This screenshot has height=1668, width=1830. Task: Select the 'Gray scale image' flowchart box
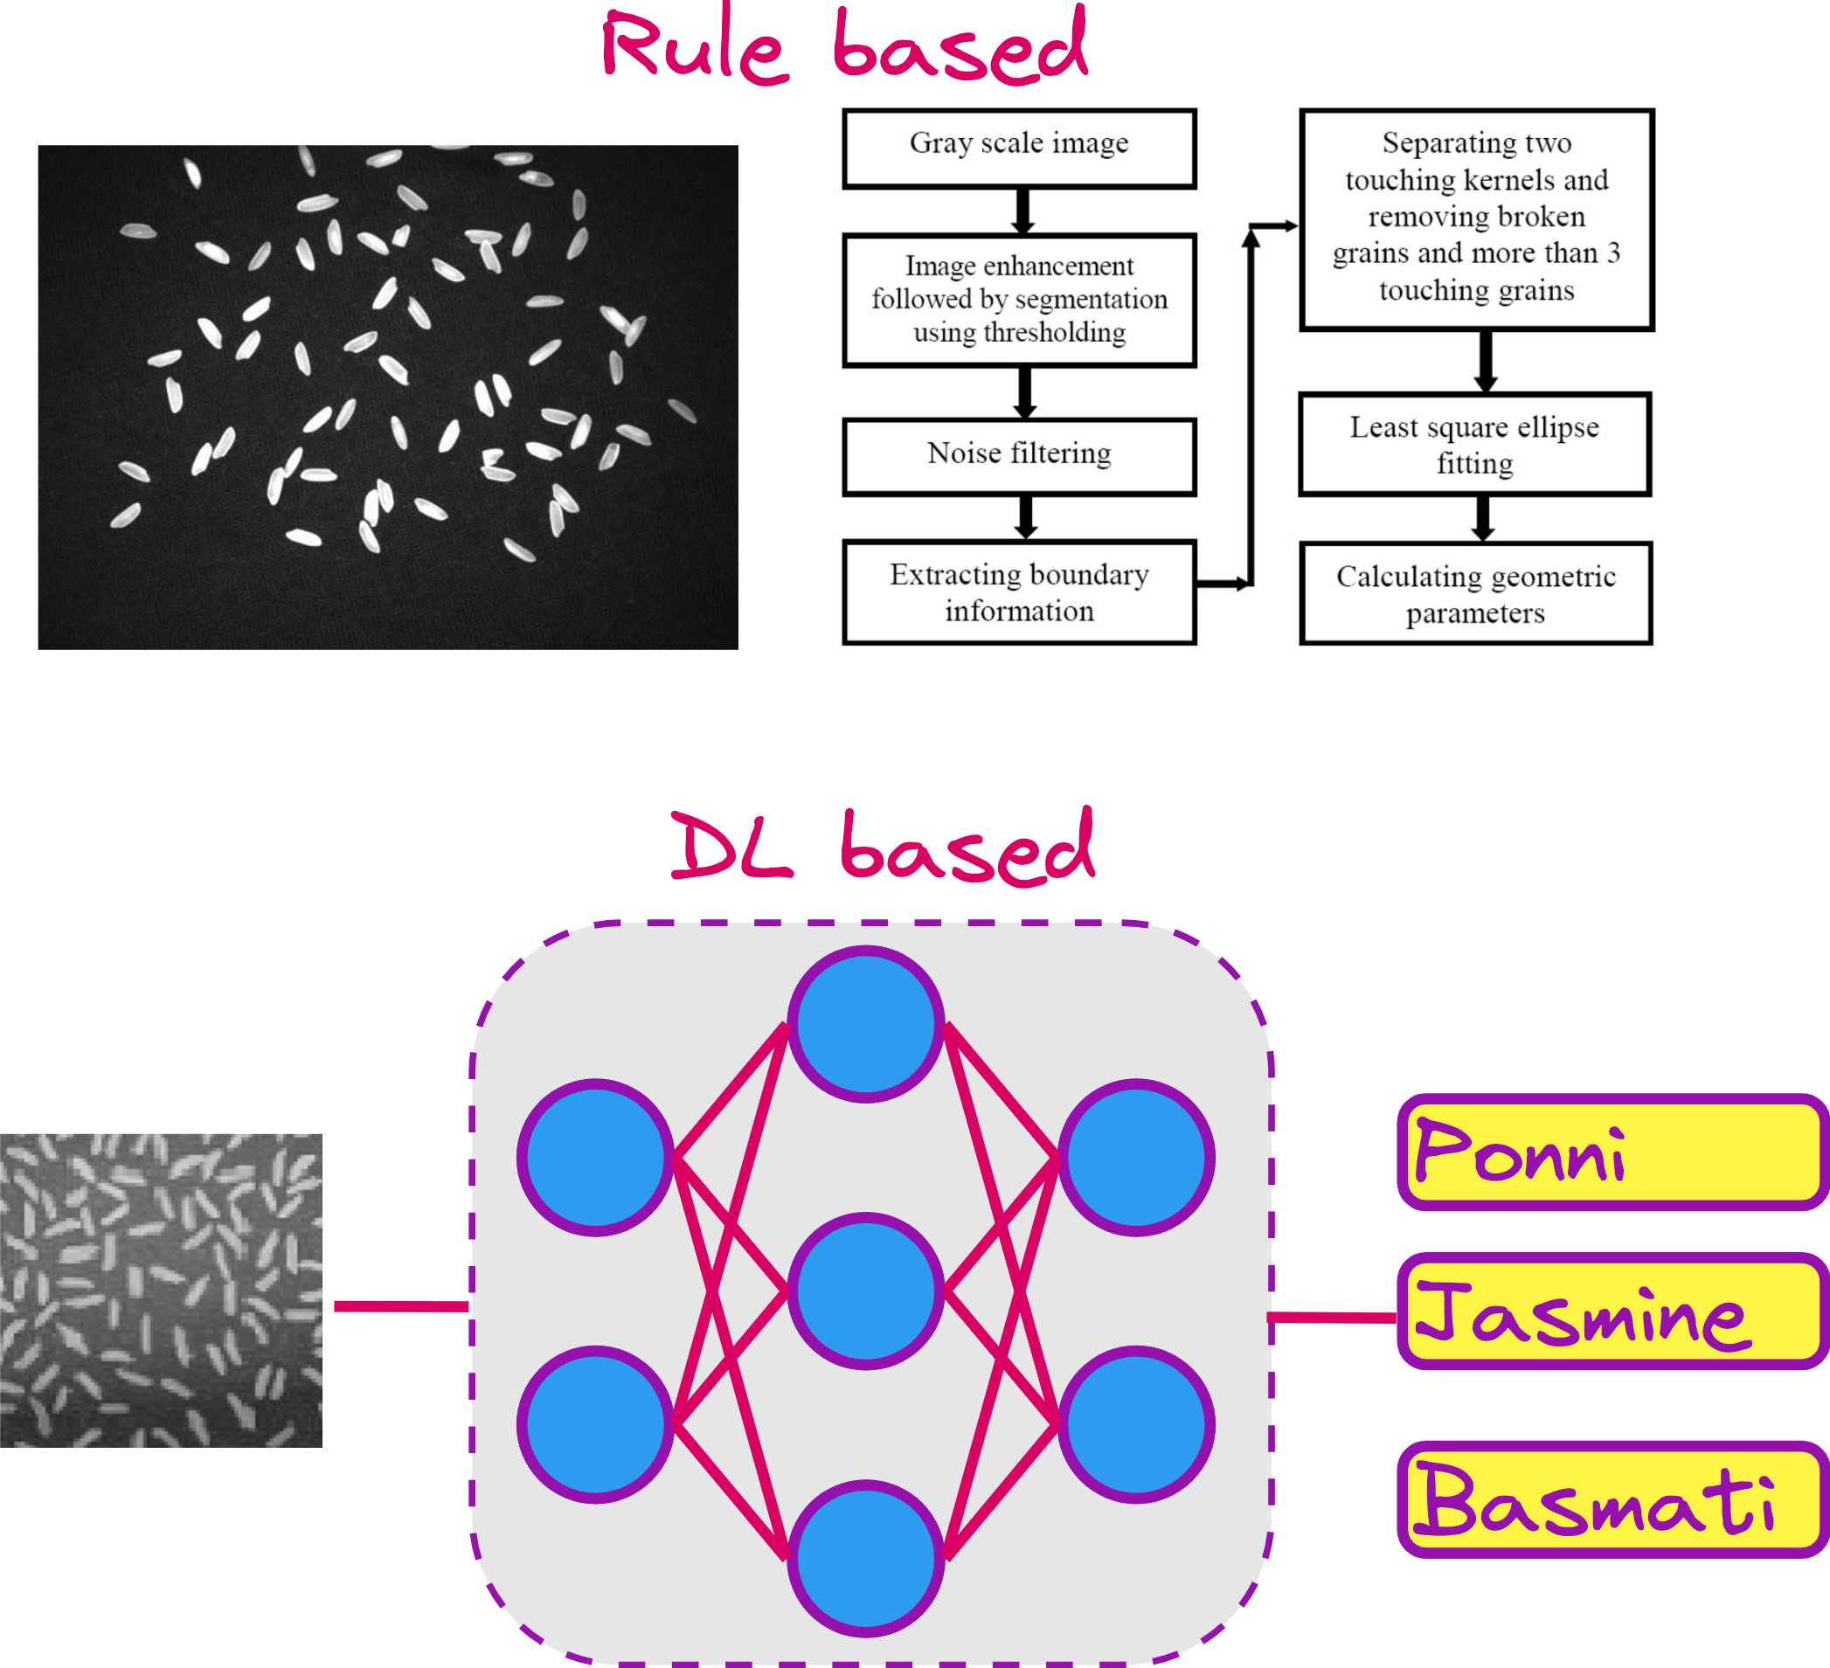(x=1018, y=148)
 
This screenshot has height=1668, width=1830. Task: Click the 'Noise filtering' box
(x=1018, y=455)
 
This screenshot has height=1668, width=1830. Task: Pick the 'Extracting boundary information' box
(x=1018, y=592)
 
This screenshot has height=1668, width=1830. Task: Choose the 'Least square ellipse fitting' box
(x=1474, y=444)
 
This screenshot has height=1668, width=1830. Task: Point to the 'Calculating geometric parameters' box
(x=1475, y=593)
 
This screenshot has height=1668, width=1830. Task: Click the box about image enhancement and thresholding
(x=1018, y=300)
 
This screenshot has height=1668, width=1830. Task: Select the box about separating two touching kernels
(x=1476, y=218)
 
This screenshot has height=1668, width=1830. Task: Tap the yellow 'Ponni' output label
(x=1612, y=1152)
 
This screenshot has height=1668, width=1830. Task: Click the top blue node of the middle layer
(x=865, y=1024)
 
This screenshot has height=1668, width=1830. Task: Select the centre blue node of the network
(x=865, y=1291)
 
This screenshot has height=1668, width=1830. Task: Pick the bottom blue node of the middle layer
(x=865, y=1558)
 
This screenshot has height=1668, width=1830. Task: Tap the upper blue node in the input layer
(x=595, y=1157)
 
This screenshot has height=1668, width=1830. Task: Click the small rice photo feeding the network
(x=161, y=1290)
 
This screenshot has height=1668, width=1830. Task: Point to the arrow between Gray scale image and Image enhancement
(x=1023, y=211)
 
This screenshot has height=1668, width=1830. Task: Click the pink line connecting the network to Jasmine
(x=1333, y=1317)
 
